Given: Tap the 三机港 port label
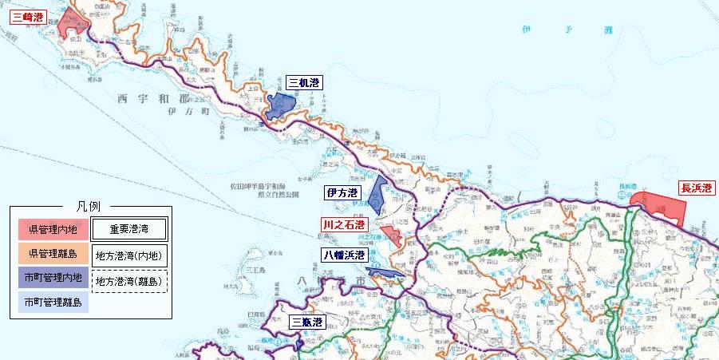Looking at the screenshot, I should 304,82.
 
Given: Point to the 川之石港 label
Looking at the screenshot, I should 344,225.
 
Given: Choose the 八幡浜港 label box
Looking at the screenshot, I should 344,255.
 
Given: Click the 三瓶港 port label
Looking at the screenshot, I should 307,322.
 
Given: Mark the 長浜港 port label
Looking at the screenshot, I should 697,188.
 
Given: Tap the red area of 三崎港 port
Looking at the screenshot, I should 72,24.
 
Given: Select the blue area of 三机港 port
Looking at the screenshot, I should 280,105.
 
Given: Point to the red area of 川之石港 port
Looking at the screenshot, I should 391,234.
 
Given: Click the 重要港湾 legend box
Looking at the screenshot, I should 129,230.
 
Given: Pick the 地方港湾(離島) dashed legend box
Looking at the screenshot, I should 129,281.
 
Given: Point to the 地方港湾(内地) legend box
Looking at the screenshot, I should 129,256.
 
